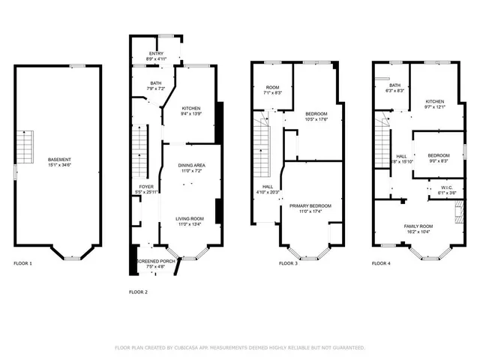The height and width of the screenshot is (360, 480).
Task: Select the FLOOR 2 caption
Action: pos(139,291)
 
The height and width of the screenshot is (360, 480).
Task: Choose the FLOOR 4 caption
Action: pos(382,263)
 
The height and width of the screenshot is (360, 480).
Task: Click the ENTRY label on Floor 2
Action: pos(156,53)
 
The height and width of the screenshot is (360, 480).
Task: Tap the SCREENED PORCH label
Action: pos(156,261)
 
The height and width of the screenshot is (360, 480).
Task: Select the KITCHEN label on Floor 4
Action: pos(436,101)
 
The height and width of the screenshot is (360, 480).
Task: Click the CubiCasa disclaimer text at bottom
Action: pos(240,348)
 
